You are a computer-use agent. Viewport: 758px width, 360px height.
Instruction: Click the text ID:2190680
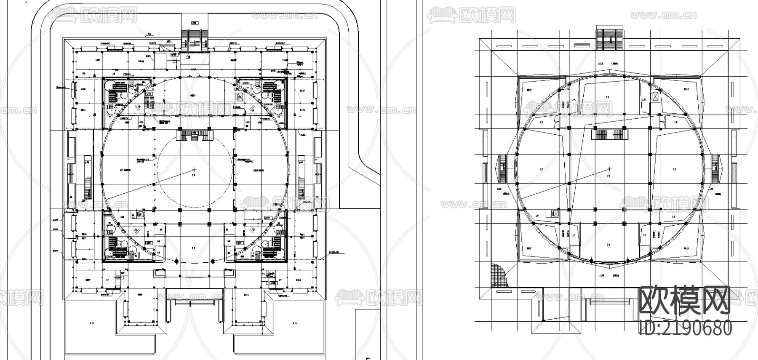coord(685,328)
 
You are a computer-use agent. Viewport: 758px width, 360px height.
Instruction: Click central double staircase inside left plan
coord(195,135)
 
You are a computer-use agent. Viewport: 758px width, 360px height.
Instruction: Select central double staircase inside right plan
coord(609,134)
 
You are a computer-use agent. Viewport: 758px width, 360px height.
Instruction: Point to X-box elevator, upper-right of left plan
coord(240,97)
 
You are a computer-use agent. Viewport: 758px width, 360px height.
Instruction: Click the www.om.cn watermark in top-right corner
coord(663,15)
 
